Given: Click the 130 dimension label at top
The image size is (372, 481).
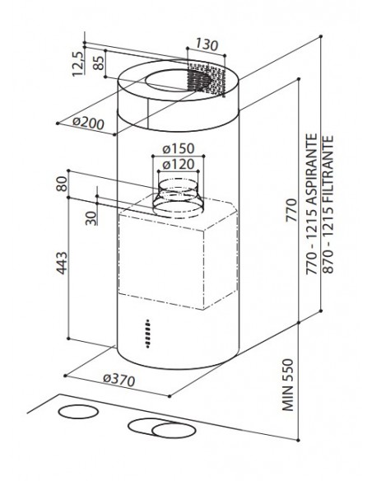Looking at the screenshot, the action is pos(207,45).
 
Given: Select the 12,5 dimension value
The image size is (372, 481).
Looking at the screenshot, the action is pos(77,63).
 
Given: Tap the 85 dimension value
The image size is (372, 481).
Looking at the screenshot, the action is pos(98,63).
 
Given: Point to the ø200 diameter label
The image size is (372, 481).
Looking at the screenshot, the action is pos(88,123).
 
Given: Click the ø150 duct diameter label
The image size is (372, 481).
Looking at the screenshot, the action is pos(179,149).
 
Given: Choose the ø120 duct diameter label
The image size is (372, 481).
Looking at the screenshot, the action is pos(179,165).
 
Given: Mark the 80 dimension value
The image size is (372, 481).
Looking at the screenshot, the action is pos(62,184).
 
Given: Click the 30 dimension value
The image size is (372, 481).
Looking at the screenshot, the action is pos(91,218).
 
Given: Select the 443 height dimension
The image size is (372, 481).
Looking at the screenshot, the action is pos(62,263).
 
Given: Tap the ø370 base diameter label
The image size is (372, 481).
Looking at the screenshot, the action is pos(119,380).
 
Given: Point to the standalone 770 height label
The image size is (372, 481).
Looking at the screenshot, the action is pos(291,210).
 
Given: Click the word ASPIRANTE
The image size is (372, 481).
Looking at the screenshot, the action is pos(311,169).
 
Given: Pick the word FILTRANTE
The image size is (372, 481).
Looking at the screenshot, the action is pos(328,169).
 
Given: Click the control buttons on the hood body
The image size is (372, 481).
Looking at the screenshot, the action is pos(148,334).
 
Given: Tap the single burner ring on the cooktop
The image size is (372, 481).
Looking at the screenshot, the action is pos(78,412).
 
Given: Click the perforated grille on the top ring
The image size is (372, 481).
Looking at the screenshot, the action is pos(205,79).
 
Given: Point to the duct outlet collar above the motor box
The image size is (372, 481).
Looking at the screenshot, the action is pos(179,197).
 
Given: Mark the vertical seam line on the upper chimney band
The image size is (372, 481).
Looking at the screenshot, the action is pos(147,113).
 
